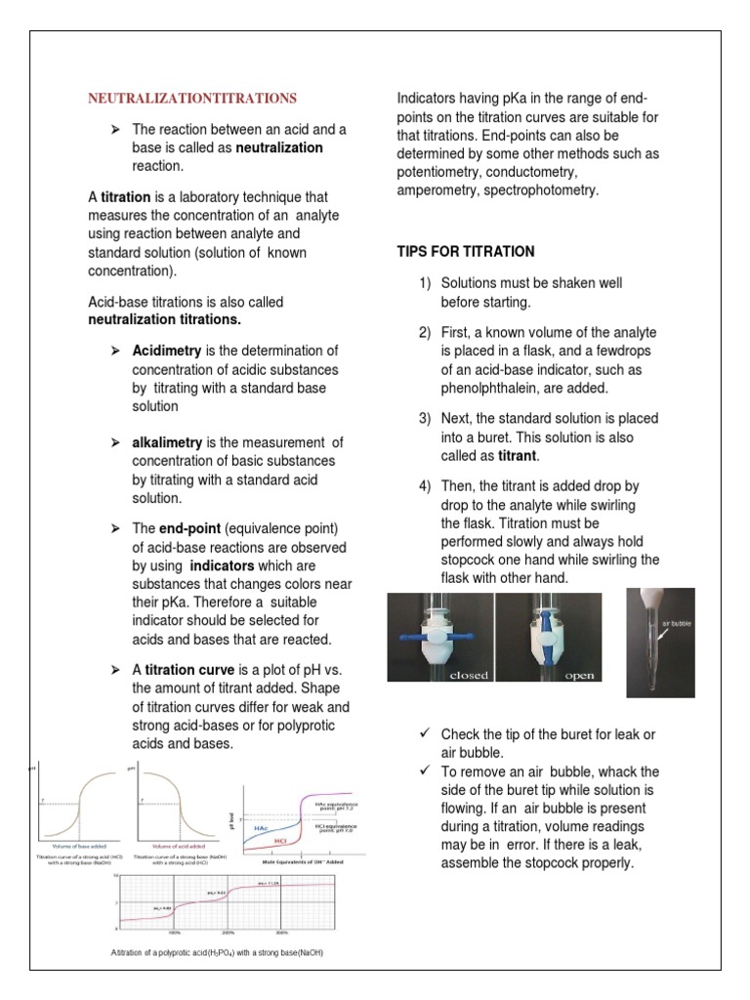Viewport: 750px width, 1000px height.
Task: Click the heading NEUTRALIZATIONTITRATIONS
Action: pos(192,99)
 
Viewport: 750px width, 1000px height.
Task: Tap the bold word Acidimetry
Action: pos(167,351)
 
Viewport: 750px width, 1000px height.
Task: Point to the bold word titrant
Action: pos(515,455)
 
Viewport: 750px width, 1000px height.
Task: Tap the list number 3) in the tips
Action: pos(425,418)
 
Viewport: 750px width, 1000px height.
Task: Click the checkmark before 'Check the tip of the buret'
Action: pos(424,733)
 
